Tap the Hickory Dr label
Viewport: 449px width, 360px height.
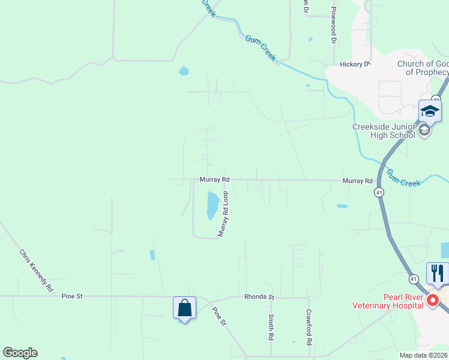(x=355, y=64)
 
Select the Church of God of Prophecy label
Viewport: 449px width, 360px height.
(x=423, y=68)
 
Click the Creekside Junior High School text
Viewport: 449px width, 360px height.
(x=384, y=131)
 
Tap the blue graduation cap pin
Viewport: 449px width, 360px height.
(x=430, y=111)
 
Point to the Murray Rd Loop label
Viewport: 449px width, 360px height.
(x=224, y=214)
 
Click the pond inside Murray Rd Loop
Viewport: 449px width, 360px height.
(x=212, y=205)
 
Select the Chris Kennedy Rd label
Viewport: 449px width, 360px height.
(x=36, y=271)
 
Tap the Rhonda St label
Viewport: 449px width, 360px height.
(x=259, y=297)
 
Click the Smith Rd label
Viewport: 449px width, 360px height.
(x=271, y=326)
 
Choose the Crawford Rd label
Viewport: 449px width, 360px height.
(x=309, y=326)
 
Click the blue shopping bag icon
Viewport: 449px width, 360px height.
(x=184, y=308)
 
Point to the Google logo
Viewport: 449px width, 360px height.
(x=20, y=353)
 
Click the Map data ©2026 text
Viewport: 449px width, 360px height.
(x=423, y=355)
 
